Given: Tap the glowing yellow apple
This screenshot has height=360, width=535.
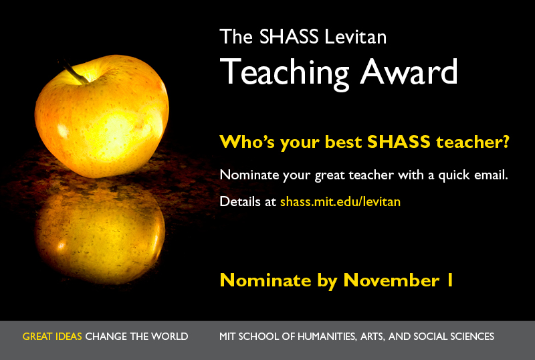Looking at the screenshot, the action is click(102, 116).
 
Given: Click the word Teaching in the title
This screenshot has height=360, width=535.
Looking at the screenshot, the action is click(285, 73).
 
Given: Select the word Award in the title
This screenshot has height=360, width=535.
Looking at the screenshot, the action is click(409, 71).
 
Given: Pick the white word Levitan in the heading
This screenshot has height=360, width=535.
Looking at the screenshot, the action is click(356, 37).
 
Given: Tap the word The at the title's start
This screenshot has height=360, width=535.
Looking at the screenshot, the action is click(236, 37).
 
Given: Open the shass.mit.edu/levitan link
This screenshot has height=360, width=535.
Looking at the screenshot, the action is click(340, 201).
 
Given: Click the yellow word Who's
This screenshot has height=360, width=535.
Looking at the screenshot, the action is click(247, 141).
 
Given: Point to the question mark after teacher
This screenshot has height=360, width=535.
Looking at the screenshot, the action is click(506, 141).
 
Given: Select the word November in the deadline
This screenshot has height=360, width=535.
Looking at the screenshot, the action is click(391, 280).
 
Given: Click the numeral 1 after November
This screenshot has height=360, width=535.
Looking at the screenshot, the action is click(449, 280).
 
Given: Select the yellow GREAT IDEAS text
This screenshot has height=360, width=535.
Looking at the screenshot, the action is click(52, 337).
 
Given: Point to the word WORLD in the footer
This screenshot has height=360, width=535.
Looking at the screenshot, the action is click(170, 337).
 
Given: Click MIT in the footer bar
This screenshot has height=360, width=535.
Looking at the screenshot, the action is click(227, 337).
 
